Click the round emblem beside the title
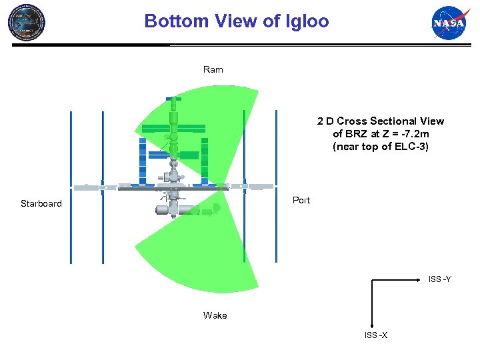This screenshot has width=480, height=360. (26, 21)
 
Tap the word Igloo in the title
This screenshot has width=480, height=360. (307, 21)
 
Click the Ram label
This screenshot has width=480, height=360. (213, 69)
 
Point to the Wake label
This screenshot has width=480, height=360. (215, 315)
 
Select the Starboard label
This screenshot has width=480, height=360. (41, 203)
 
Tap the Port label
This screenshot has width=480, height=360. (301, 200)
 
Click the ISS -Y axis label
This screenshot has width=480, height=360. (439, 279)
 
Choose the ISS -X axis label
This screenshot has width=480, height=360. (376, 335)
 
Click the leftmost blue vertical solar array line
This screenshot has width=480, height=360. (71, 187)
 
